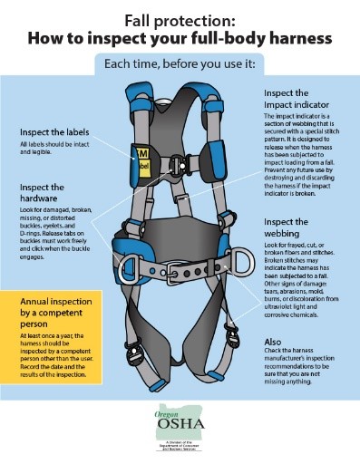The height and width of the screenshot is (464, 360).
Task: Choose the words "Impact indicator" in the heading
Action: [300, 107]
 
